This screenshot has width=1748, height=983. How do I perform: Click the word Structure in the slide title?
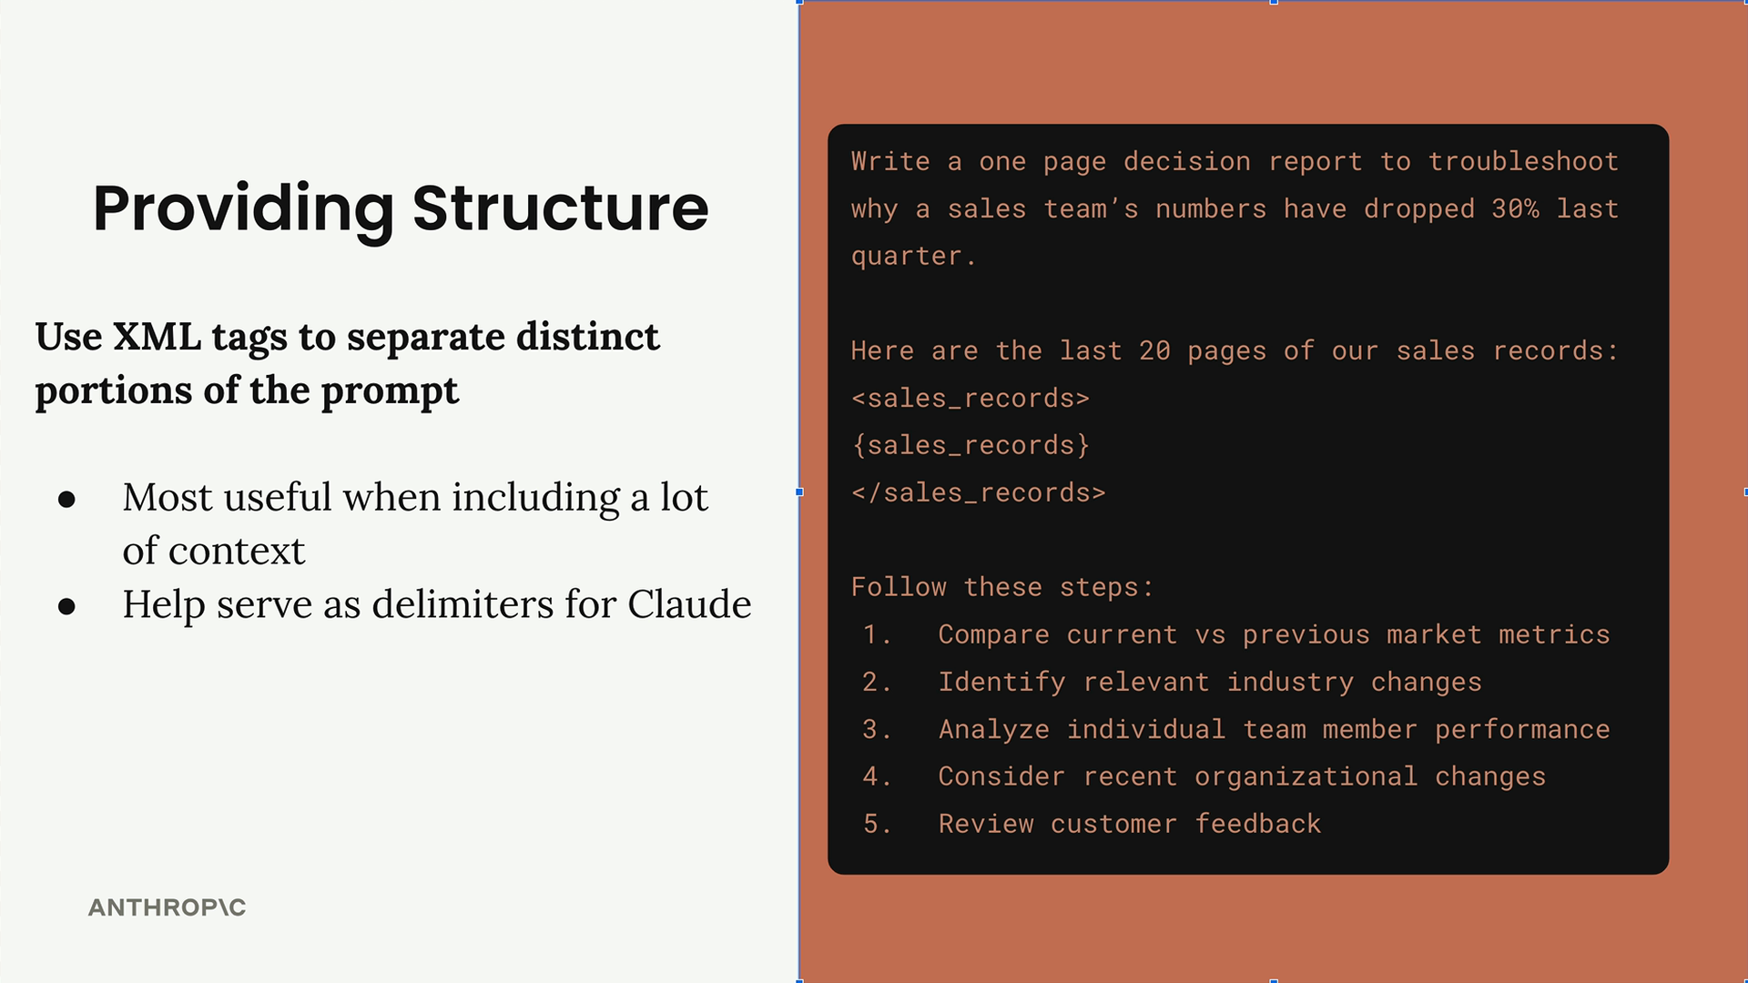(560, 208)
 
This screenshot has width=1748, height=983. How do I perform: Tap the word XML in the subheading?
(157, 337)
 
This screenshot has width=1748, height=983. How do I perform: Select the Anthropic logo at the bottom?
(167, 907)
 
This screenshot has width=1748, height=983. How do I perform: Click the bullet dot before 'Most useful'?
(66, 499)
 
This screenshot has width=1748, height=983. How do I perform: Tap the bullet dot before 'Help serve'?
(66, 606)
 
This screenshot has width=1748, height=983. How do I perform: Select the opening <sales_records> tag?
(971, 399)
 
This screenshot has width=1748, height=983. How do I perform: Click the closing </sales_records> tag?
(979, 493)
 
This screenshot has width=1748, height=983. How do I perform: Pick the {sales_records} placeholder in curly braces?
(971, 446)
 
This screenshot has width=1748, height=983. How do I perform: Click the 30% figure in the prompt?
(1515, 209)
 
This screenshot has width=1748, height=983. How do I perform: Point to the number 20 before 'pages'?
(1154, 351)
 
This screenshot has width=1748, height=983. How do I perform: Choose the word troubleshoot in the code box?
(1523, 162)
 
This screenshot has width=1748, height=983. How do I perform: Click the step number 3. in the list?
(877, 730)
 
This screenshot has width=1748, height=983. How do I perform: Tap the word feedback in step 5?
(1257, 824)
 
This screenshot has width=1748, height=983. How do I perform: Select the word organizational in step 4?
(1306, 777)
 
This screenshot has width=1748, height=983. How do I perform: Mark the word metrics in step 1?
(1554, 635)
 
